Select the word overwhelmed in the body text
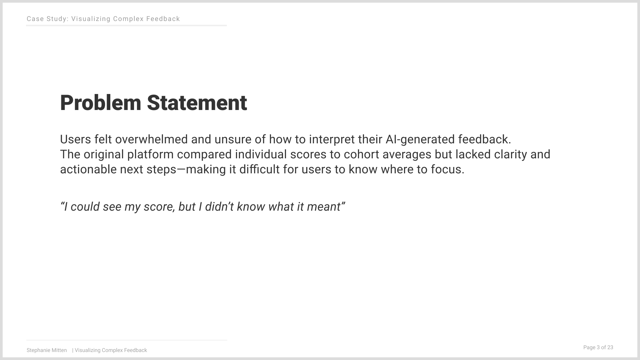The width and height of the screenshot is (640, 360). [x=151, y=139]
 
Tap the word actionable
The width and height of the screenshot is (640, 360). [x=88, y=169]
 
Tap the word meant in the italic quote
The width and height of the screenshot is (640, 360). [x=326, y=207]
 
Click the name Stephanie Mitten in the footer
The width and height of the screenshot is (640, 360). [x=47, y=350]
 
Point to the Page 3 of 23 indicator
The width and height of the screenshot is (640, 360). [x=598, y=347]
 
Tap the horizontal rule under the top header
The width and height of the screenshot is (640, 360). [x=126, y=25]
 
